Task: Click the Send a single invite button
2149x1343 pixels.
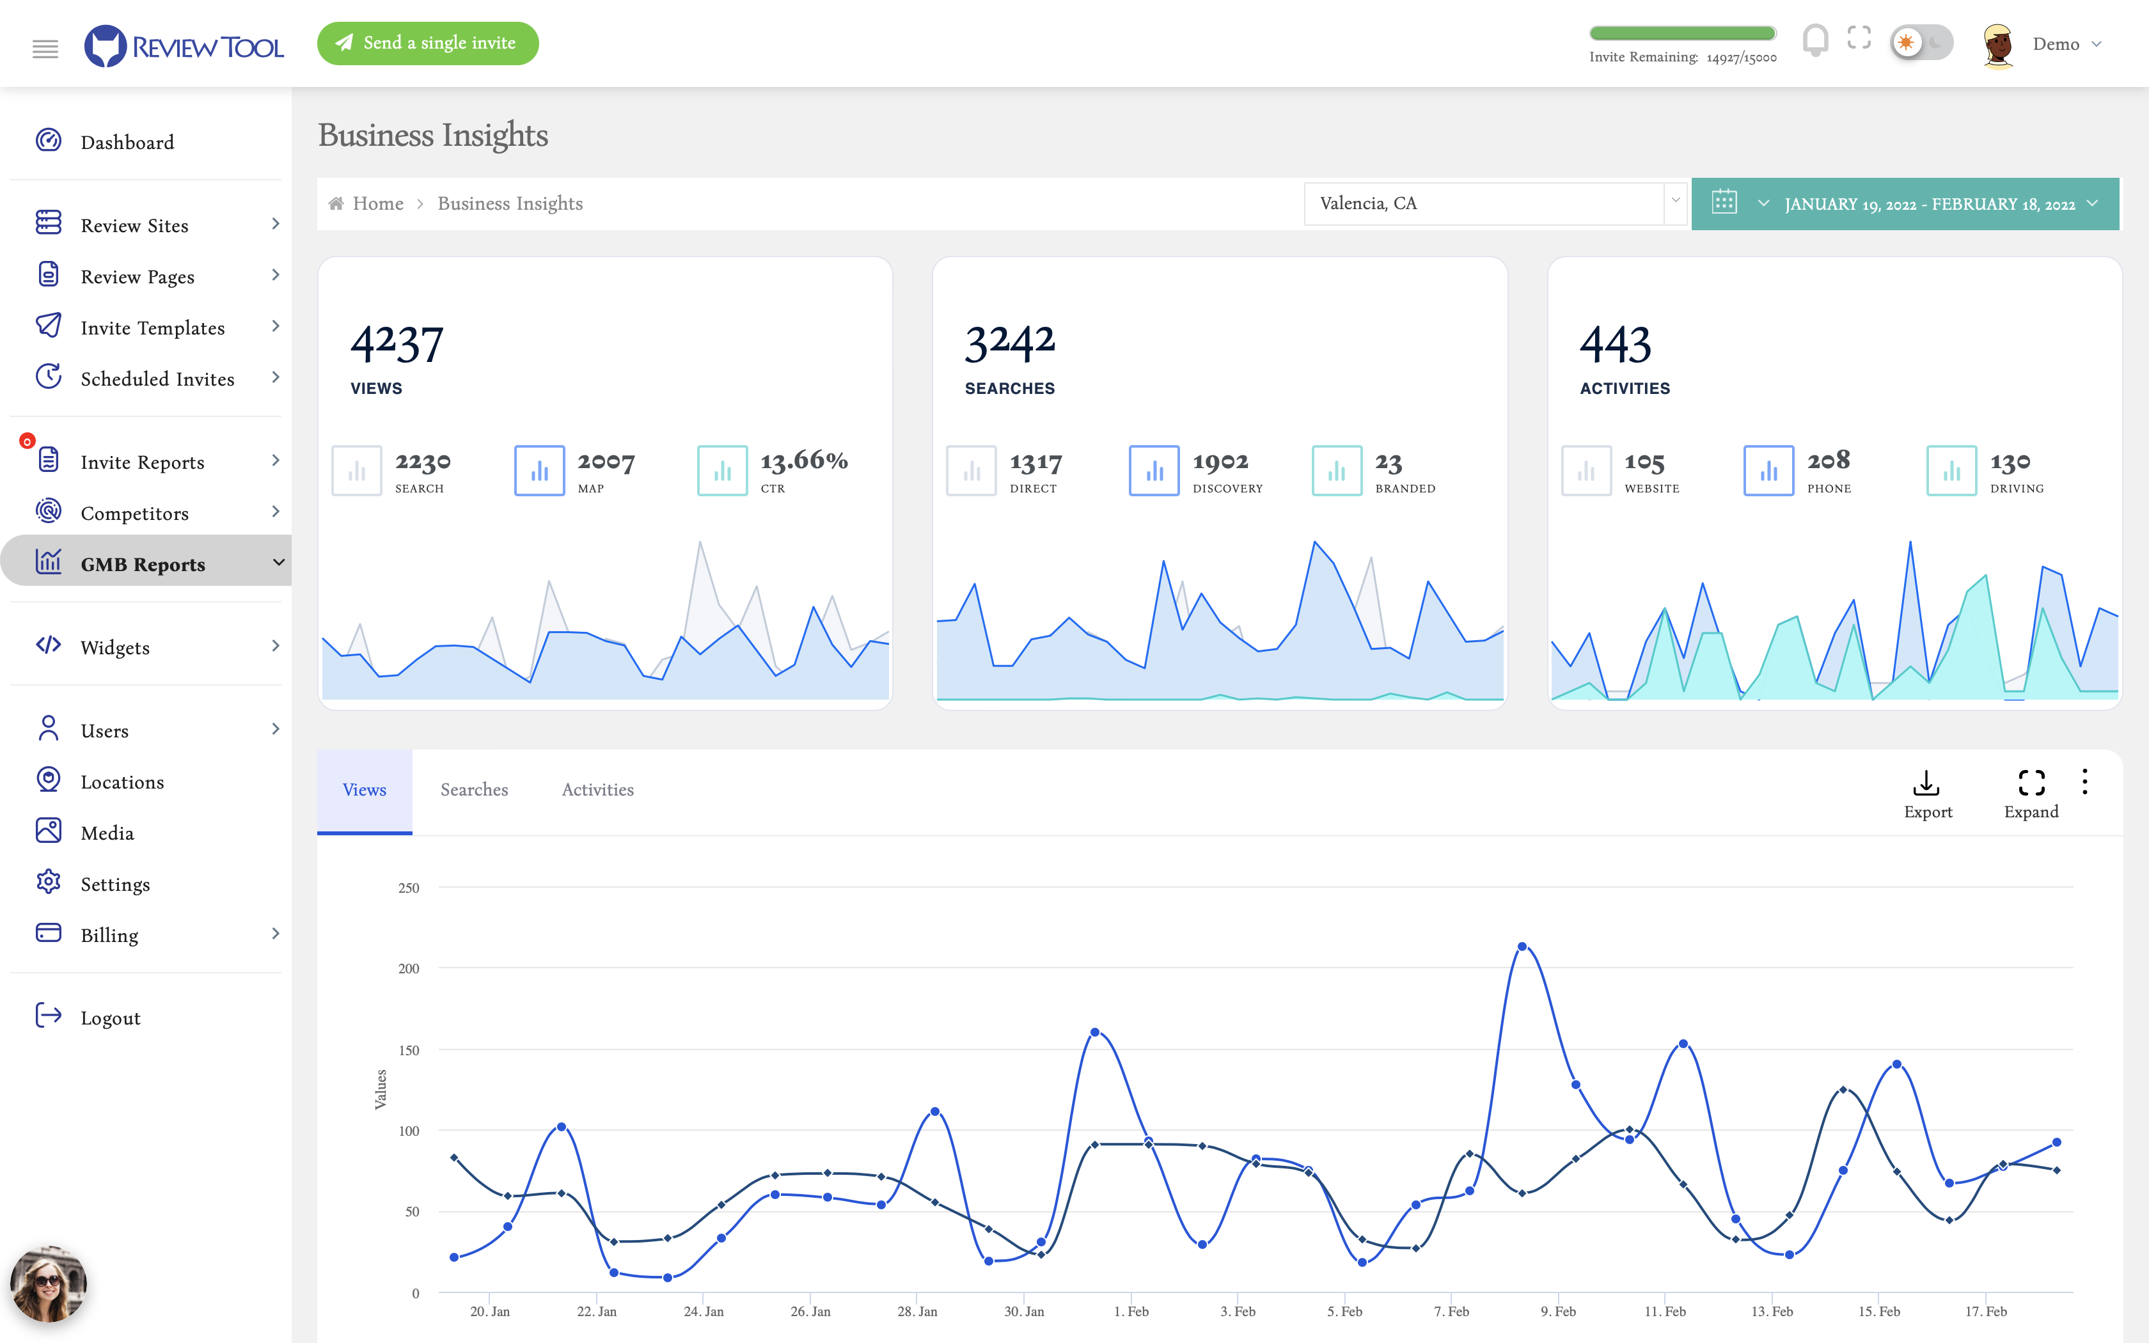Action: [x=427, y=43]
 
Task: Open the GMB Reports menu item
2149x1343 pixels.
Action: [x=143, y=564]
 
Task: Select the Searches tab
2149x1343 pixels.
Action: [x=474, y=790]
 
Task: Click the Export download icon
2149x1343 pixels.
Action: [x=1926, y=783]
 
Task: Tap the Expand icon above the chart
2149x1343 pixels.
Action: [x=2031, y=783]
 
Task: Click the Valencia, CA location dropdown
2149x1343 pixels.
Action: [x=1495, y=203]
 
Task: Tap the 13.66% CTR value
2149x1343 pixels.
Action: [x=804, y=461]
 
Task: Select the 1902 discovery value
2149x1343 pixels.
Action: [x=1220, y=462]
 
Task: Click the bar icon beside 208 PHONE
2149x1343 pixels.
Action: [x=1768, y=471]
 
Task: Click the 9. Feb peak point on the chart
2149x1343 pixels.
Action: [x=1522, y=947]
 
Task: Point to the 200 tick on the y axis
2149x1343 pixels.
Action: [x=409, y=968]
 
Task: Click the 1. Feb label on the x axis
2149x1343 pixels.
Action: [x=1131, y=1311]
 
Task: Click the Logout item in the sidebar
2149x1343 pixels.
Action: [x=110, y=1018]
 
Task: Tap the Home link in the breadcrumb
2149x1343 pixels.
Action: [x=377, y=203]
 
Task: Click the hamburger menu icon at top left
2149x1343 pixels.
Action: [x=45, y=48]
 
